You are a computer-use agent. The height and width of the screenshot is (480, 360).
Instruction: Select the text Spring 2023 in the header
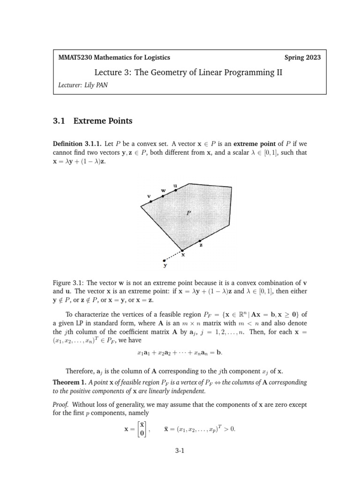[303, 58]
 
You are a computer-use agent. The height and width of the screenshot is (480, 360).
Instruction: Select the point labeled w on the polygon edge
[163, 196]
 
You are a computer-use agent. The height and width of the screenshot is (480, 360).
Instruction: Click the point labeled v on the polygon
[150, 202]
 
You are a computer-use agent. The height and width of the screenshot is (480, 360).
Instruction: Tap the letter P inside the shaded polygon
[188, 212]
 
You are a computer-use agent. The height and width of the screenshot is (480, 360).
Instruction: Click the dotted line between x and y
[173, 255]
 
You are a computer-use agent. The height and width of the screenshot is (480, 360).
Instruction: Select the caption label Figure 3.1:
[71, 283]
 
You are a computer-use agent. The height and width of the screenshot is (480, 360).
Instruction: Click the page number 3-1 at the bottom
[180, 451]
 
